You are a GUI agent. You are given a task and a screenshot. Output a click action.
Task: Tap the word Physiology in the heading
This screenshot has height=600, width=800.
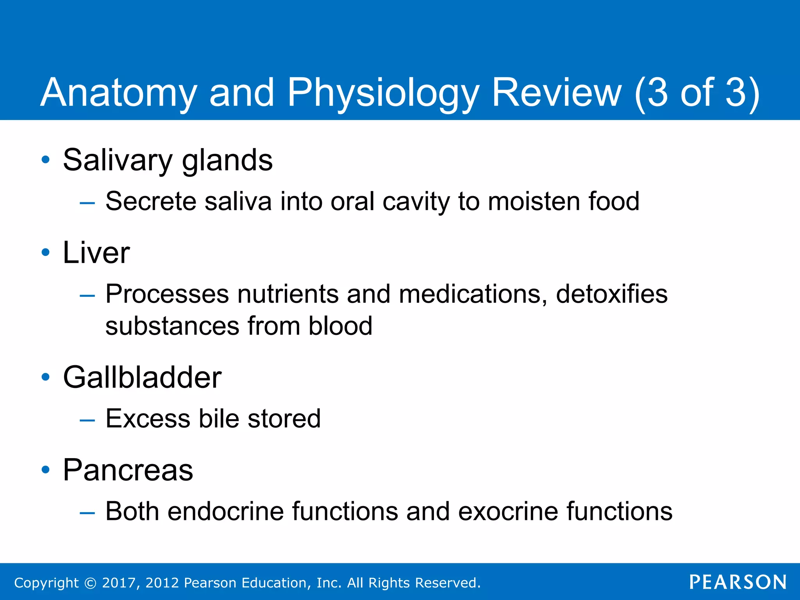click(383, 93)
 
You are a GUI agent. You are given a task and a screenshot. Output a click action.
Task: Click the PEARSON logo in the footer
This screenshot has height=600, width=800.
click(737, 582)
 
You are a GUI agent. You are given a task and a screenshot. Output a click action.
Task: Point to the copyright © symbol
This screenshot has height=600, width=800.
click(90, 583)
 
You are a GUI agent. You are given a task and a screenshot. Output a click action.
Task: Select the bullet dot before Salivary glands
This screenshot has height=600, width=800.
click(46, 160)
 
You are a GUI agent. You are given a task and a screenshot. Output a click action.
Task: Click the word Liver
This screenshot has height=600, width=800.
click(96, 253)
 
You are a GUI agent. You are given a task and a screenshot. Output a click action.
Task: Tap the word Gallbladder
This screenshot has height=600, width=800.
click(142, 377)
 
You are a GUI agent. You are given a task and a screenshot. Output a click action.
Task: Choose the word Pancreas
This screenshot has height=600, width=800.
click(128, 470)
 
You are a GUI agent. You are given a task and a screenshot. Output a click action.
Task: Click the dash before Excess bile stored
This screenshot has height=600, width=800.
click(87, 420)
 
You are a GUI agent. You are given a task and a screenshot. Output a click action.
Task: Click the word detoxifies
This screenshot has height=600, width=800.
click(611, 294)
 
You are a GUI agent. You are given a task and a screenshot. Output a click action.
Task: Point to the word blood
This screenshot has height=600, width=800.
click(340, 326)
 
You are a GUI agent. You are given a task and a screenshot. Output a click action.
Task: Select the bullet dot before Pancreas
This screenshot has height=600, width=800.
click(46, 470)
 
